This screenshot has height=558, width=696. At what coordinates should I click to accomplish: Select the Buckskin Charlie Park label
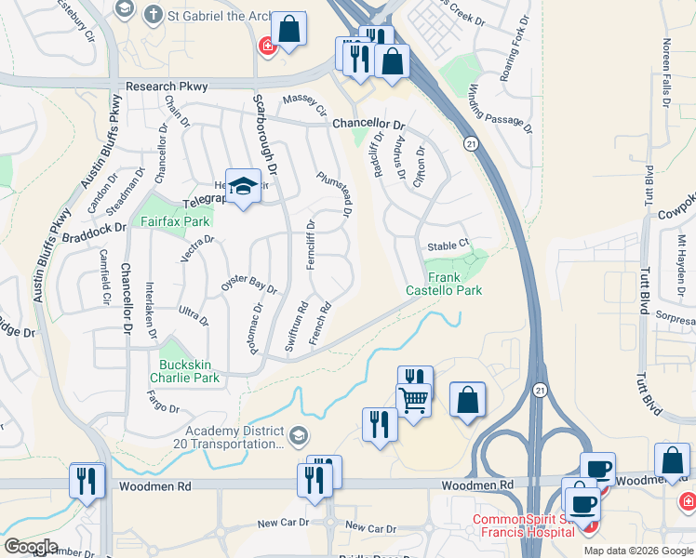click(x=189, y=371)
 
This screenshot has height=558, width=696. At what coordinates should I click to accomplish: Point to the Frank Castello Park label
click(x=444, y=284)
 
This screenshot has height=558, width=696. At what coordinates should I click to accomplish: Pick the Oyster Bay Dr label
click(x=248, y=284)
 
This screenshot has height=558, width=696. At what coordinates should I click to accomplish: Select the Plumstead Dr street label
click(x=334, y=194)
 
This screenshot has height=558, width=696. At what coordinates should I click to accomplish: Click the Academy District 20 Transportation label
click(x=234, y=436)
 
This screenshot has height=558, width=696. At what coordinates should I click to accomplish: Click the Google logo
click(x=30, y=546)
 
